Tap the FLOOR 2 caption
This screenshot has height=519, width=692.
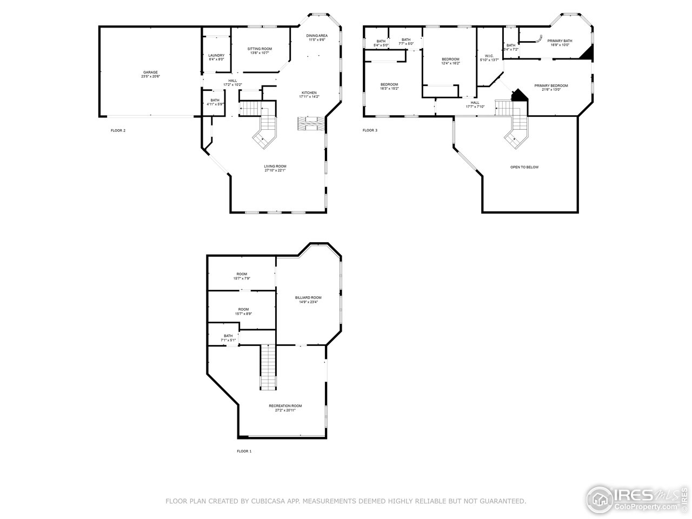coord(118,130)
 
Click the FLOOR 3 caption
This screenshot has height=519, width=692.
coord(370,130)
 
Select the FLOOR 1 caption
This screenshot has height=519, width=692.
coord(244,451)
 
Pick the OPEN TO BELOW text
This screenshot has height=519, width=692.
coord(524,167)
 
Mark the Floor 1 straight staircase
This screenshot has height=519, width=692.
coord(269,367)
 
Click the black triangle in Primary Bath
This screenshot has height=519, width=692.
coord(587,52)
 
